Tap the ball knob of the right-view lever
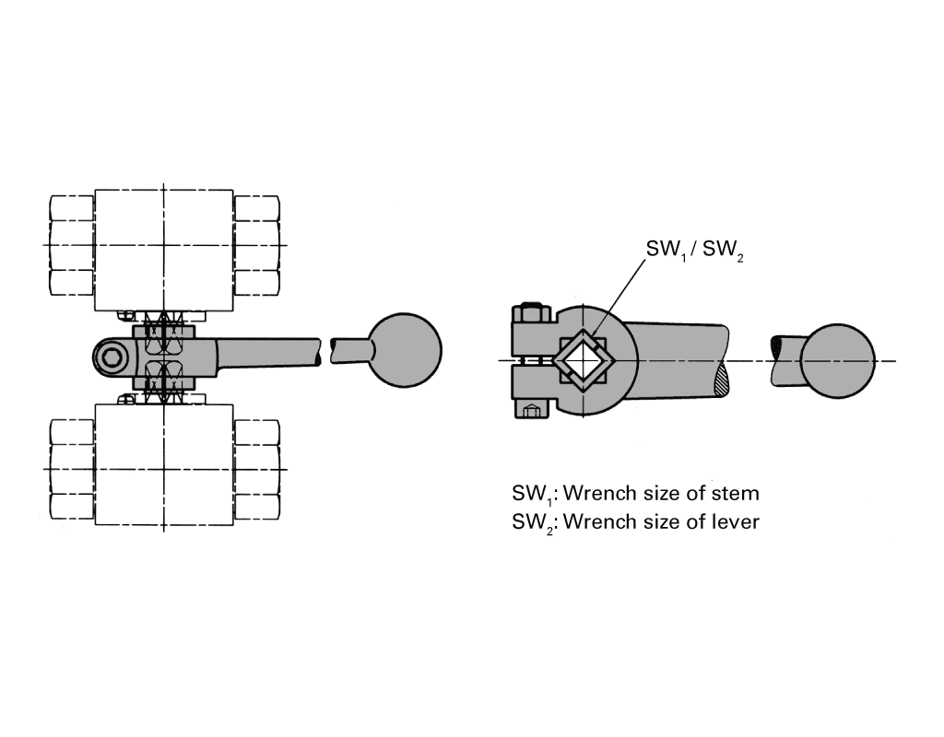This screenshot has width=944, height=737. click(837, 360)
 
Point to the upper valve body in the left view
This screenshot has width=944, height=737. click(164, 247)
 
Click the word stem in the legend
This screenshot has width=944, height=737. click(732, 493)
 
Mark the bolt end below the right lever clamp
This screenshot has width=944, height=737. click(530, 411)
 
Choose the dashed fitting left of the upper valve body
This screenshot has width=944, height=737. click(72, 245)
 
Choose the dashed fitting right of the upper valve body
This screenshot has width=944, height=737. click(256, 245)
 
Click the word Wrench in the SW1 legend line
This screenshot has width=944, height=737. click(599, 493)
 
